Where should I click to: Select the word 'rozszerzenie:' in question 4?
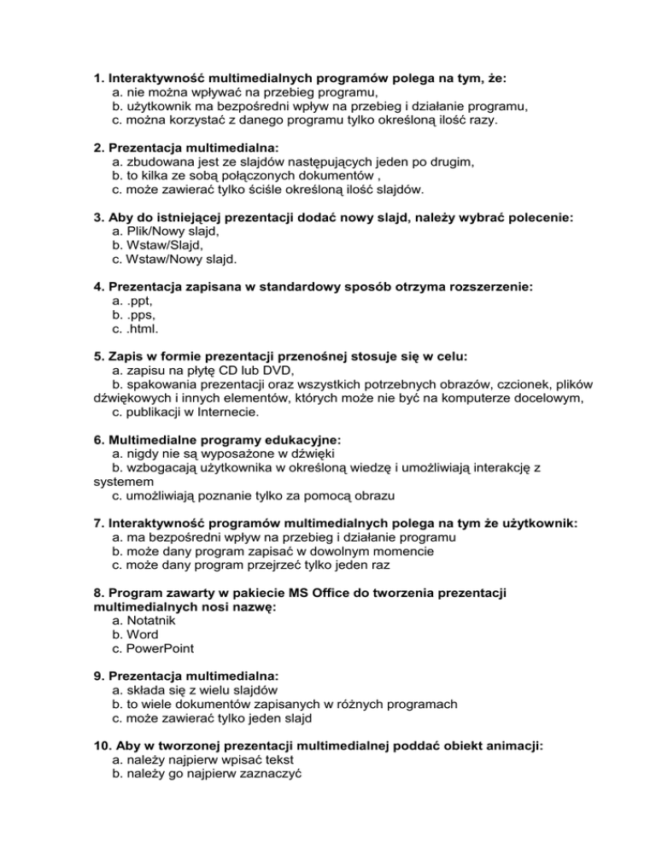(486, 287)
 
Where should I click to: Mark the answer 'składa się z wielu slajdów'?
(201, 690)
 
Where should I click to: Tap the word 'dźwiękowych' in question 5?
(132, 398)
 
